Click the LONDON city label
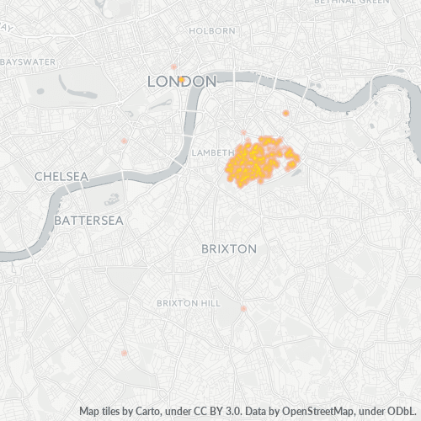182,82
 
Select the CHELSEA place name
61,176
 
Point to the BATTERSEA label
88,220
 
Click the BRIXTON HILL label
189,302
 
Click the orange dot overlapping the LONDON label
182,79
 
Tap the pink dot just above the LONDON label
174,66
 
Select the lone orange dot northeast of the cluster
286,113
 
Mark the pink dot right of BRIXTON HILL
244,309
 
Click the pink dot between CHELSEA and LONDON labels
125,141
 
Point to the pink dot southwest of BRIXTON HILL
125,353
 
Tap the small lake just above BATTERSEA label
112,200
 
